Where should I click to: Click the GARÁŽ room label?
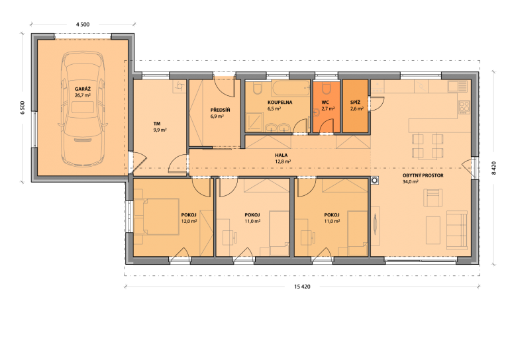pos(83,89)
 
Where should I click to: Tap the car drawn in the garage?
pos(83,109)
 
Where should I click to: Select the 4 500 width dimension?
pos(83,24)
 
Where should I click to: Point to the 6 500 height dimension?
pos(23,108)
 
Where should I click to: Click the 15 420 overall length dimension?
pos(302,287)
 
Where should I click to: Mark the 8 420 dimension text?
pos(493,168)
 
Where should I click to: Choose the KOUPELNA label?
pos(280,102)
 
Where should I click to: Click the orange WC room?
pos(327,107)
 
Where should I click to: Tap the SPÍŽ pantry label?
pos(355,102)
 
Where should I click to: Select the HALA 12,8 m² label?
pos(281,158)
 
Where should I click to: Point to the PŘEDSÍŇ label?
pos(220,110)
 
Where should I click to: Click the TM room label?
pos(157,124)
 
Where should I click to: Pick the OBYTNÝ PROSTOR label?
pos(423,175)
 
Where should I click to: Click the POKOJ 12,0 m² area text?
pos(189,221)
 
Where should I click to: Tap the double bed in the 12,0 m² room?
pos(157,216)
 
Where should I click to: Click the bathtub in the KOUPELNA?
pos(291,88)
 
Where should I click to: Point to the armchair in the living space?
pos(433,198)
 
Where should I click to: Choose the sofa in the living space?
pos(457,230)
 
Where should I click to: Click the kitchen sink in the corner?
pos(454,86)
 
